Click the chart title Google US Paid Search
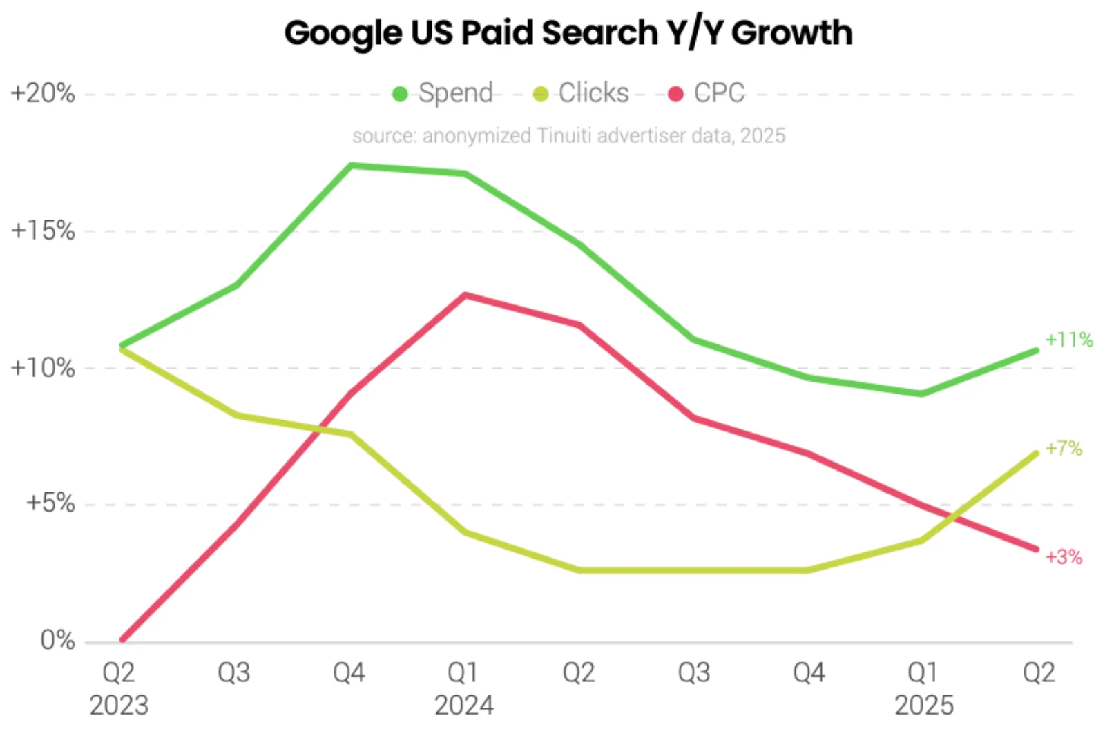tap(568, 32)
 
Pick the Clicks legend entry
tap(582, 93)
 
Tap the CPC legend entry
tap(707, 93)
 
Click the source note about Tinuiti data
tap(568, 135)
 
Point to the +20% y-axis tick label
tap(42, 93)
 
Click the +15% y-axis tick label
tap(42, 231)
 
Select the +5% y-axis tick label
tap(50, 503)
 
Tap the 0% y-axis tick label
tap(57, 640)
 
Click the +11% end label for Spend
tap(1068, 340)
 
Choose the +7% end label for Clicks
tap(1063, 449)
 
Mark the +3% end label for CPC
tap(1063, 557)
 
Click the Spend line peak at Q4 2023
tap(351, 166)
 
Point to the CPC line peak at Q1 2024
tap(465, 295)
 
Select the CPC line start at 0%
tap(123, 640)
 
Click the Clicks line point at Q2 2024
tap(579, 570)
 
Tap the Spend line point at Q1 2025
tap(923, 394)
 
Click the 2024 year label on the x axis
tap(464, 705)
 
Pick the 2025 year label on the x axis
tap(924, 705)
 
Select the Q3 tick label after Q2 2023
tap(234, 672)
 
